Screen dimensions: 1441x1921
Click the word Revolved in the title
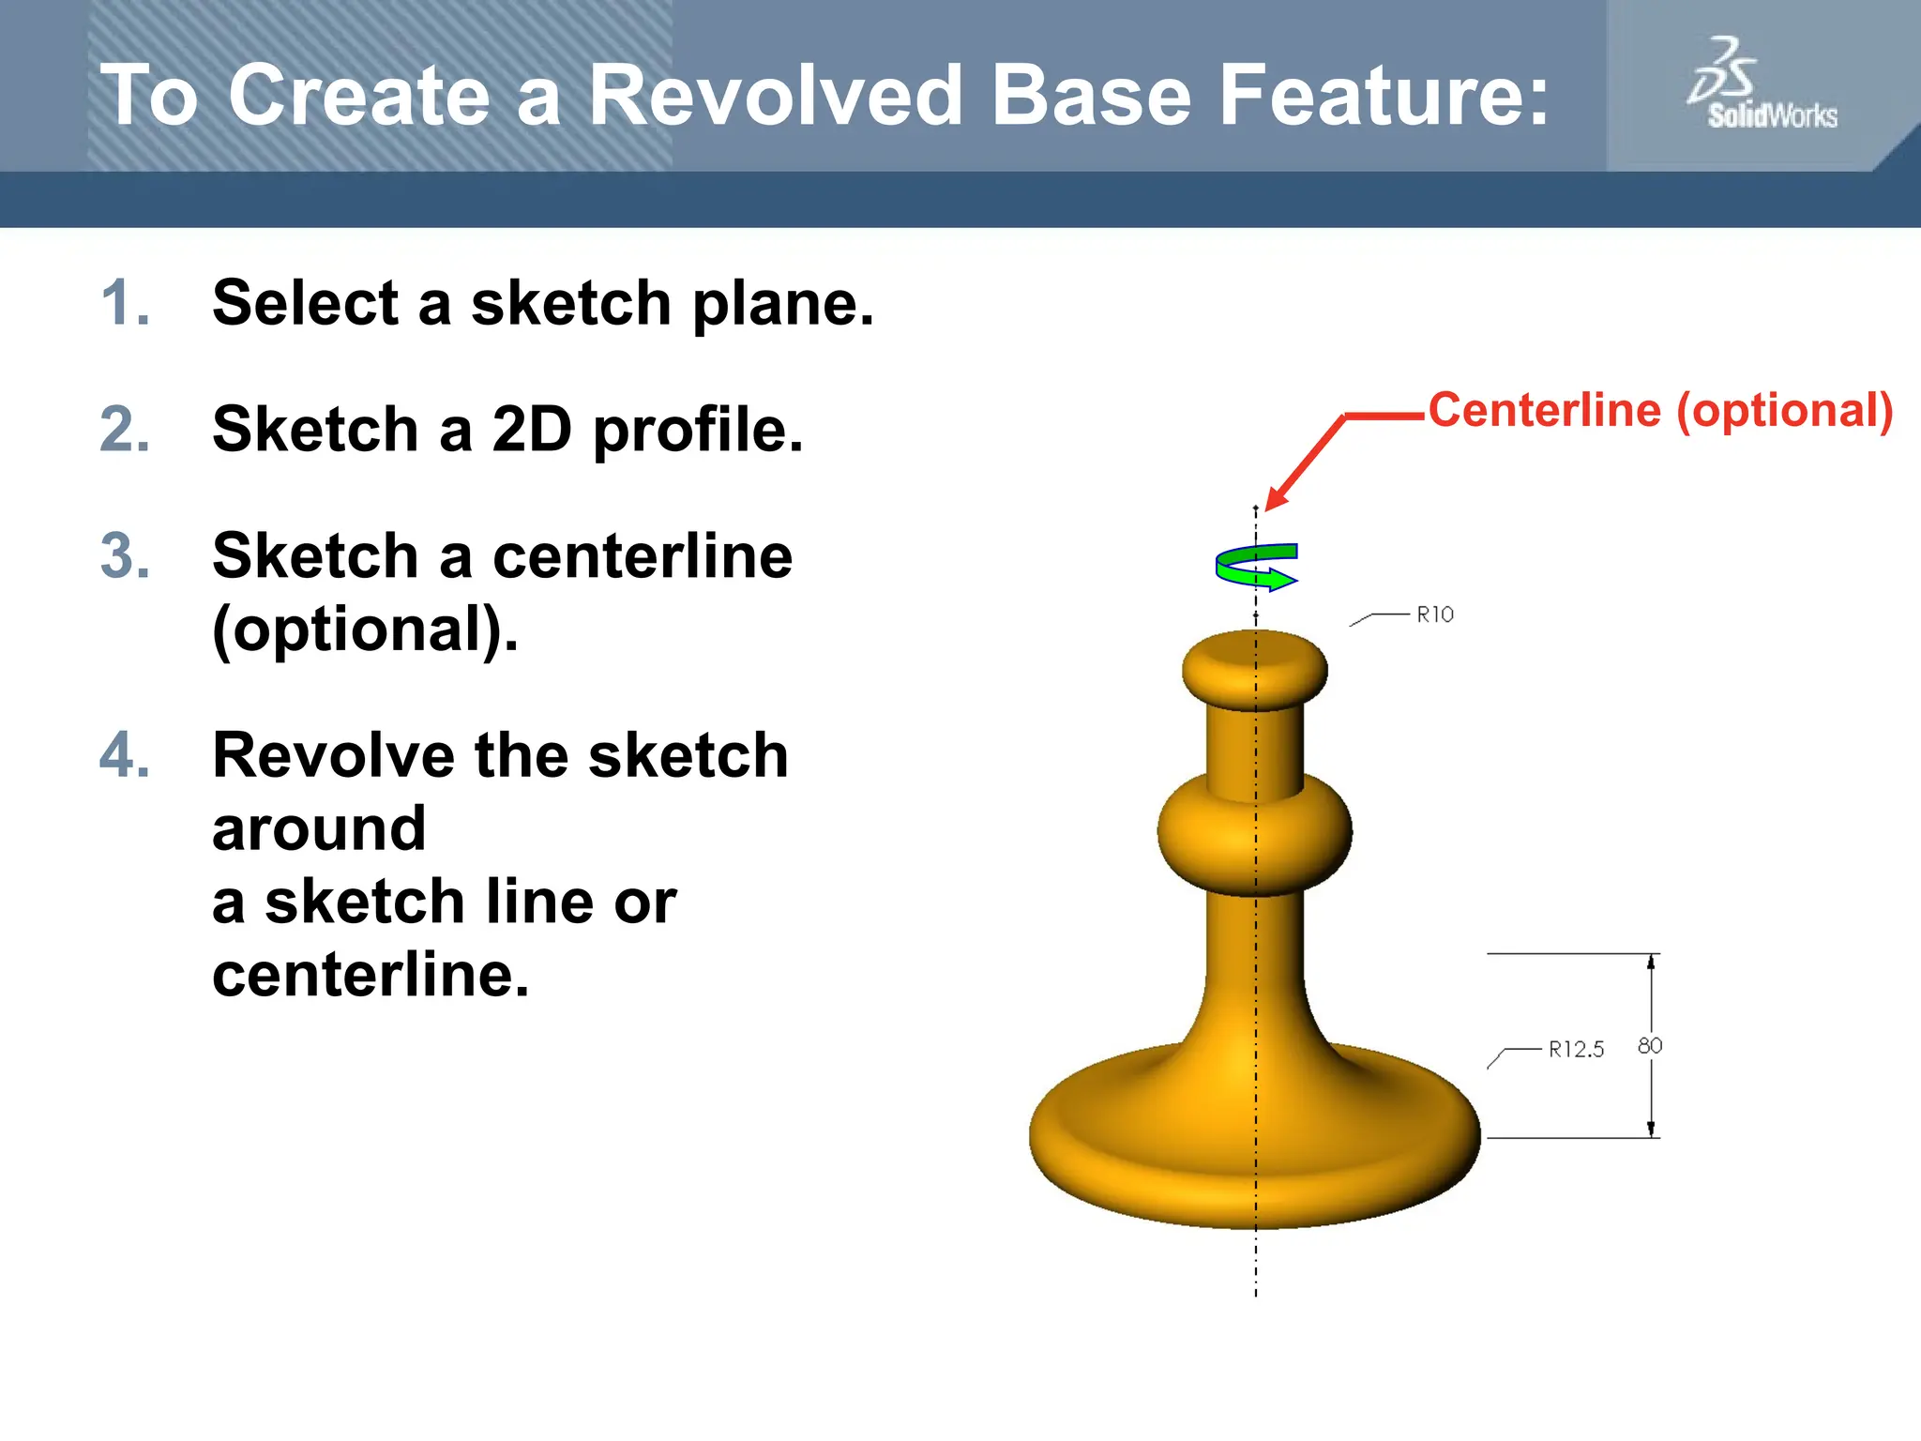tap(775, 96)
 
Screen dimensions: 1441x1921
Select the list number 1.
tap(125, 304)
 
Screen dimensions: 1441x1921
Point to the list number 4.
tap(125, 756)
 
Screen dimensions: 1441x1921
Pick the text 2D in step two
tap(531, 430)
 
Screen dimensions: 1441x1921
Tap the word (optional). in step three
tap(365, 629)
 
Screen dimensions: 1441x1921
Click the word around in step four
tap(319, 829)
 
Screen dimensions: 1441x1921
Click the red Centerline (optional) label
tap(1660, 411)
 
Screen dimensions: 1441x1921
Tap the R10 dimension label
tap(1434, 614)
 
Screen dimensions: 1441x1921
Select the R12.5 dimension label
tap(1576, 1049)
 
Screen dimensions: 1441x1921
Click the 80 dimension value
tap(1650, 1045)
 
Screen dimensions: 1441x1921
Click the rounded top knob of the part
tap(1255, 668)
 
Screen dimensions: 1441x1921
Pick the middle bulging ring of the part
tap(1255, 833)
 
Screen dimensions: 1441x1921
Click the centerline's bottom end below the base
tap(1256, 1293)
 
